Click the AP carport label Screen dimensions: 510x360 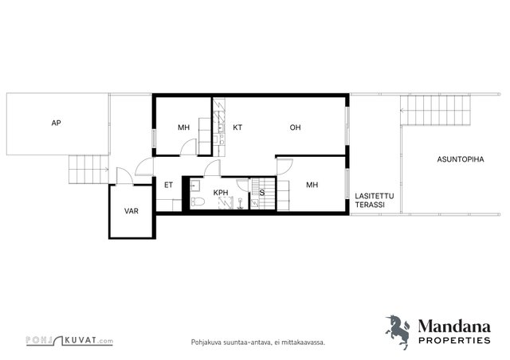57,123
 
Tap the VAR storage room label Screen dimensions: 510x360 131,211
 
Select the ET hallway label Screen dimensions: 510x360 168,185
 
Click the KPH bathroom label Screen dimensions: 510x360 221,193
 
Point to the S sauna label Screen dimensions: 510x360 262,193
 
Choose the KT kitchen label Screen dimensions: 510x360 237,127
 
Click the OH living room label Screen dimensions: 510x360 295,127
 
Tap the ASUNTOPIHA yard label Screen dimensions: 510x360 461,159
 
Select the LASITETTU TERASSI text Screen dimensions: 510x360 374,201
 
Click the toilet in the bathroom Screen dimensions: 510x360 198,202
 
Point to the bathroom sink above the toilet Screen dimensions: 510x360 195,186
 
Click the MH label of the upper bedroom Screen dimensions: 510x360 184,127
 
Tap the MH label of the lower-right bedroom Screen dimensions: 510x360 312,185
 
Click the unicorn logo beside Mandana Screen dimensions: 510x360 398,332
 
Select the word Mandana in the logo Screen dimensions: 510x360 454,327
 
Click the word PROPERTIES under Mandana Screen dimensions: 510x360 454,341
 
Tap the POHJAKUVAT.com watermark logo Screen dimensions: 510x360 69,341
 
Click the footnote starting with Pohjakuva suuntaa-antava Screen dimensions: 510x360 258,342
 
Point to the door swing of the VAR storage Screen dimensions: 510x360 124,176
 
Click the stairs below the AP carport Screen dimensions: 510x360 88,170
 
